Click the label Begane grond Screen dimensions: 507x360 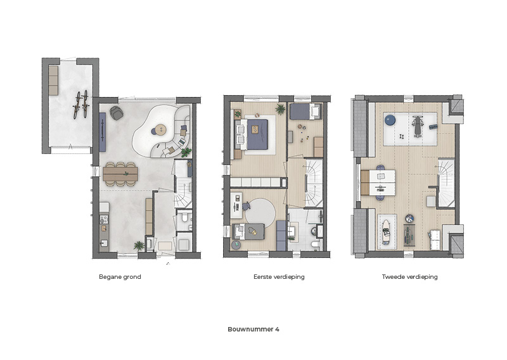(x=120, y=277)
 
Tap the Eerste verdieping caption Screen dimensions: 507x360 (x=279, y=277)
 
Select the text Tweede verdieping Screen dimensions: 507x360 (x=409, y=277)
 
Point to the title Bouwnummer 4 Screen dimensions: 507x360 (x=253, y=330)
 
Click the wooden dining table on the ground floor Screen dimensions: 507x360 (x=120, y=174)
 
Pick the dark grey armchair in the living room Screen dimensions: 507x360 (x=116, y=113)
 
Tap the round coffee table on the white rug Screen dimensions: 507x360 (x=160, y=129)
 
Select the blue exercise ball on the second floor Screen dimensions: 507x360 (x=390, y=120)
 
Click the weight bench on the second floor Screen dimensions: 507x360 (x=418, y=126)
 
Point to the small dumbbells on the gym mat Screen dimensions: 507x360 (x=402, y=136)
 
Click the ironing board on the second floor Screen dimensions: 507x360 (x=387, y=231)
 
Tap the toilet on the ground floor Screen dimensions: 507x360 (x=185, y=217)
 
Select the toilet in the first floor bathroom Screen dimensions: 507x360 (x=316, y=245)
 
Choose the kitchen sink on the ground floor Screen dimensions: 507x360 (x=104, y=243)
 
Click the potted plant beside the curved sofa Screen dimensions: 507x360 (x=186, y=152)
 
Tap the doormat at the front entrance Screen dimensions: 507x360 (x=165, y=245)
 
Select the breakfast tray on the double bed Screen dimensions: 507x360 (x=255, y=129)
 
